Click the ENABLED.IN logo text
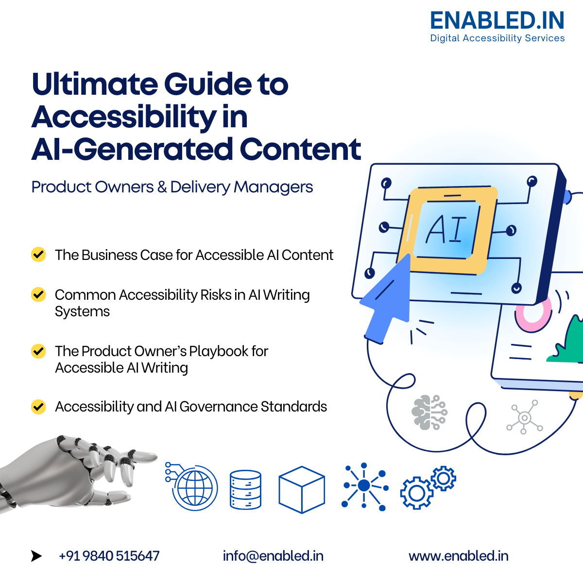pos(497,21)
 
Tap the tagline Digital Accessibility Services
pos(497,38)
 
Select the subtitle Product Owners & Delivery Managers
pos(172,187)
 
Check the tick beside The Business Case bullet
pos(38,255)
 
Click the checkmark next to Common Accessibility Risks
pos(38,294)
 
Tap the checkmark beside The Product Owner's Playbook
pos(38,351)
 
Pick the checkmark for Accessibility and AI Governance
pos(38,406)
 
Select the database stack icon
pos(245,489)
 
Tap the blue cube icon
pos(302,489)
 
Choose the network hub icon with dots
pos(364,486)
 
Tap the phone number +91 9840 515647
pos(109,556)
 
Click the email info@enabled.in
pos(273,556)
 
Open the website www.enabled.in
pos(459,556)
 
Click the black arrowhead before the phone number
pos(36,556)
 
